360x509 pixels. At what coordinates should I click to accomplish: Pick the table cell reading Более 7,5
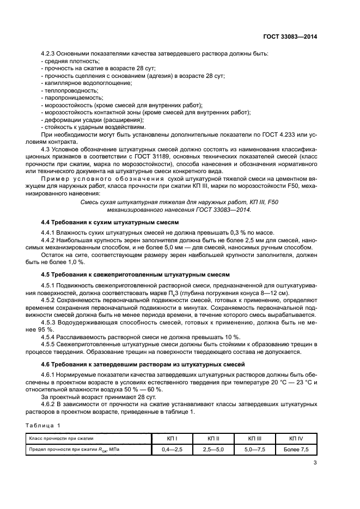(x=296, y=449)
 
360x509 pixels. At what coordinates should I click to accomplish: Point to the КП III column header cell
(x=255, y=438)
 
